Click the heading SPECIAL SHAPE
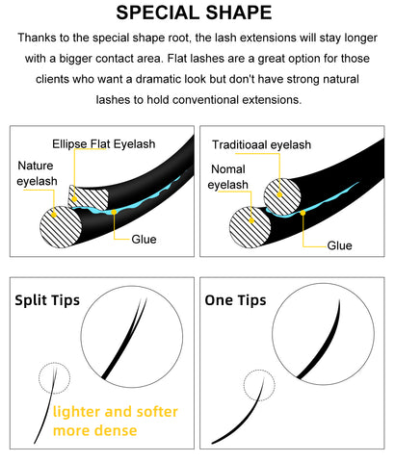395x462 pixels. click(194, 13)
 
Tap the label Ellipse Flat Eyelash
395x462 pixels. click(104, 144)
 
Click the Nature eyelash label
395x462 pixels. click(37, 173)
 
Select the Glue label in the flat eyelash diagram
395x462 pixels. click(144, 240)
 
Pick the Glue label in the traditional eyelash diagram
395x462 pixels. click(339, 245)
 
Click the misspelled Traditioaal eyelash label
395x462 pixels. click(261, 144)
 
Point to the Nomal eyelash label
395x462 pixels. click(228, 177)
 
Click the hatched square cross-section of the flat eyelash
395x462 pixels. click(89, 197)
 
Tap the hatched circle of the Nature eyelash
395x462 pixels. click(61, 227)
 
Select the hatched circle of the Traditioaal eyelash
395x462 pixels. click(282, 196)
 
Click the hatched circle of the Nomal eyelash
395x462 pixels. click(250, 227)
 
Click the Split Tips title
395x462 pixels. click(47, 300)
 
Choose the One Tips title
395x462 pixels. click(235, 300)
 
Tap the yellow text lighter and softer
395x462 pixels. click(116, 412)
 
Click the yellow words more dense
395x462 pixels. click(95, 430)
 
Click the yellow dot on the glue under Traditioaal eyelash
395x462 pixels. click(303, 213)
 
